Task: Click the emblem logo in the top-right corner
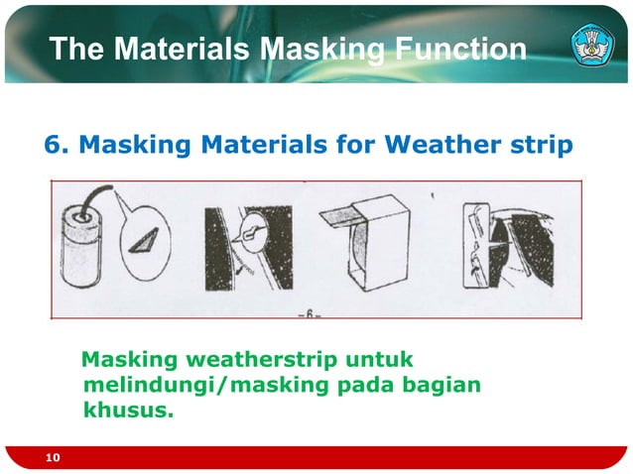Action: tap(593, 46)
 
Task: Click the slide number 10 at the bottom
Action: tap(53, 457)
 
